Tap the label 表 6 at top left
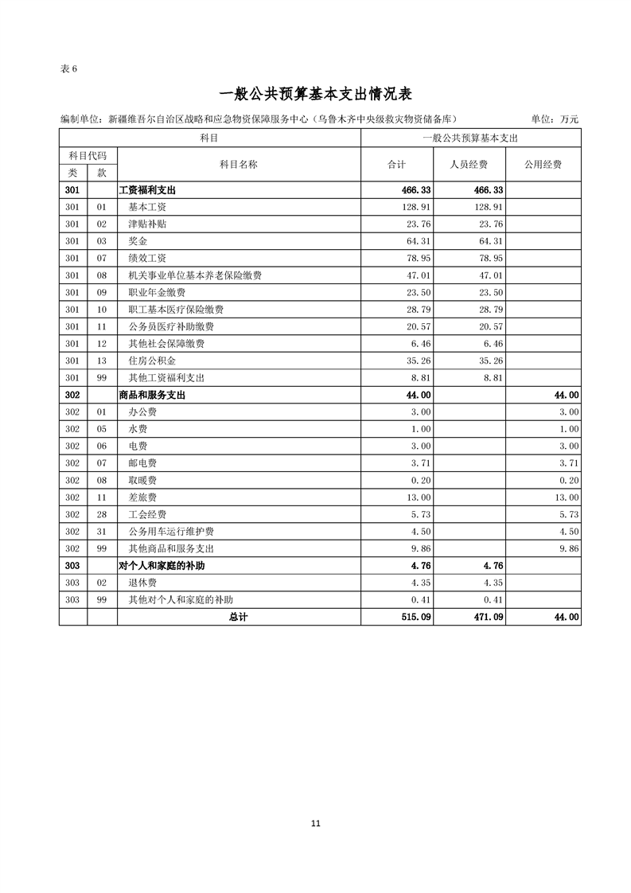point(68,68)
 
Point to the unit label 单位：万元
point(555,119)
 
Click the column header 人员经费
point(469,165)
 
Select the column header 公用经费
point(543,165)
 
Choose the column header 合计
point(396,165)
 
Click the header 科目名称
point(239,165)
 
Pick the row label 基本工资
point(147,207)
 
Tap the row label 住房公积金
point(152,361)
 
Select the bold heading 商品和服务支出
point(152,395)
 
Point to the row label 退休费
point(142,583)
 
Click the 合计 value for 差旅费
point(419,497)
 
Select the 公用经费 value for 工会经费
point(568,514)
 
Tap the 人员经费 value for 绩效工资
point(490,258)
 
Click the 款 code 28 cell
point(101,514)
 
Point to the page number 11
point(316,824)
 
